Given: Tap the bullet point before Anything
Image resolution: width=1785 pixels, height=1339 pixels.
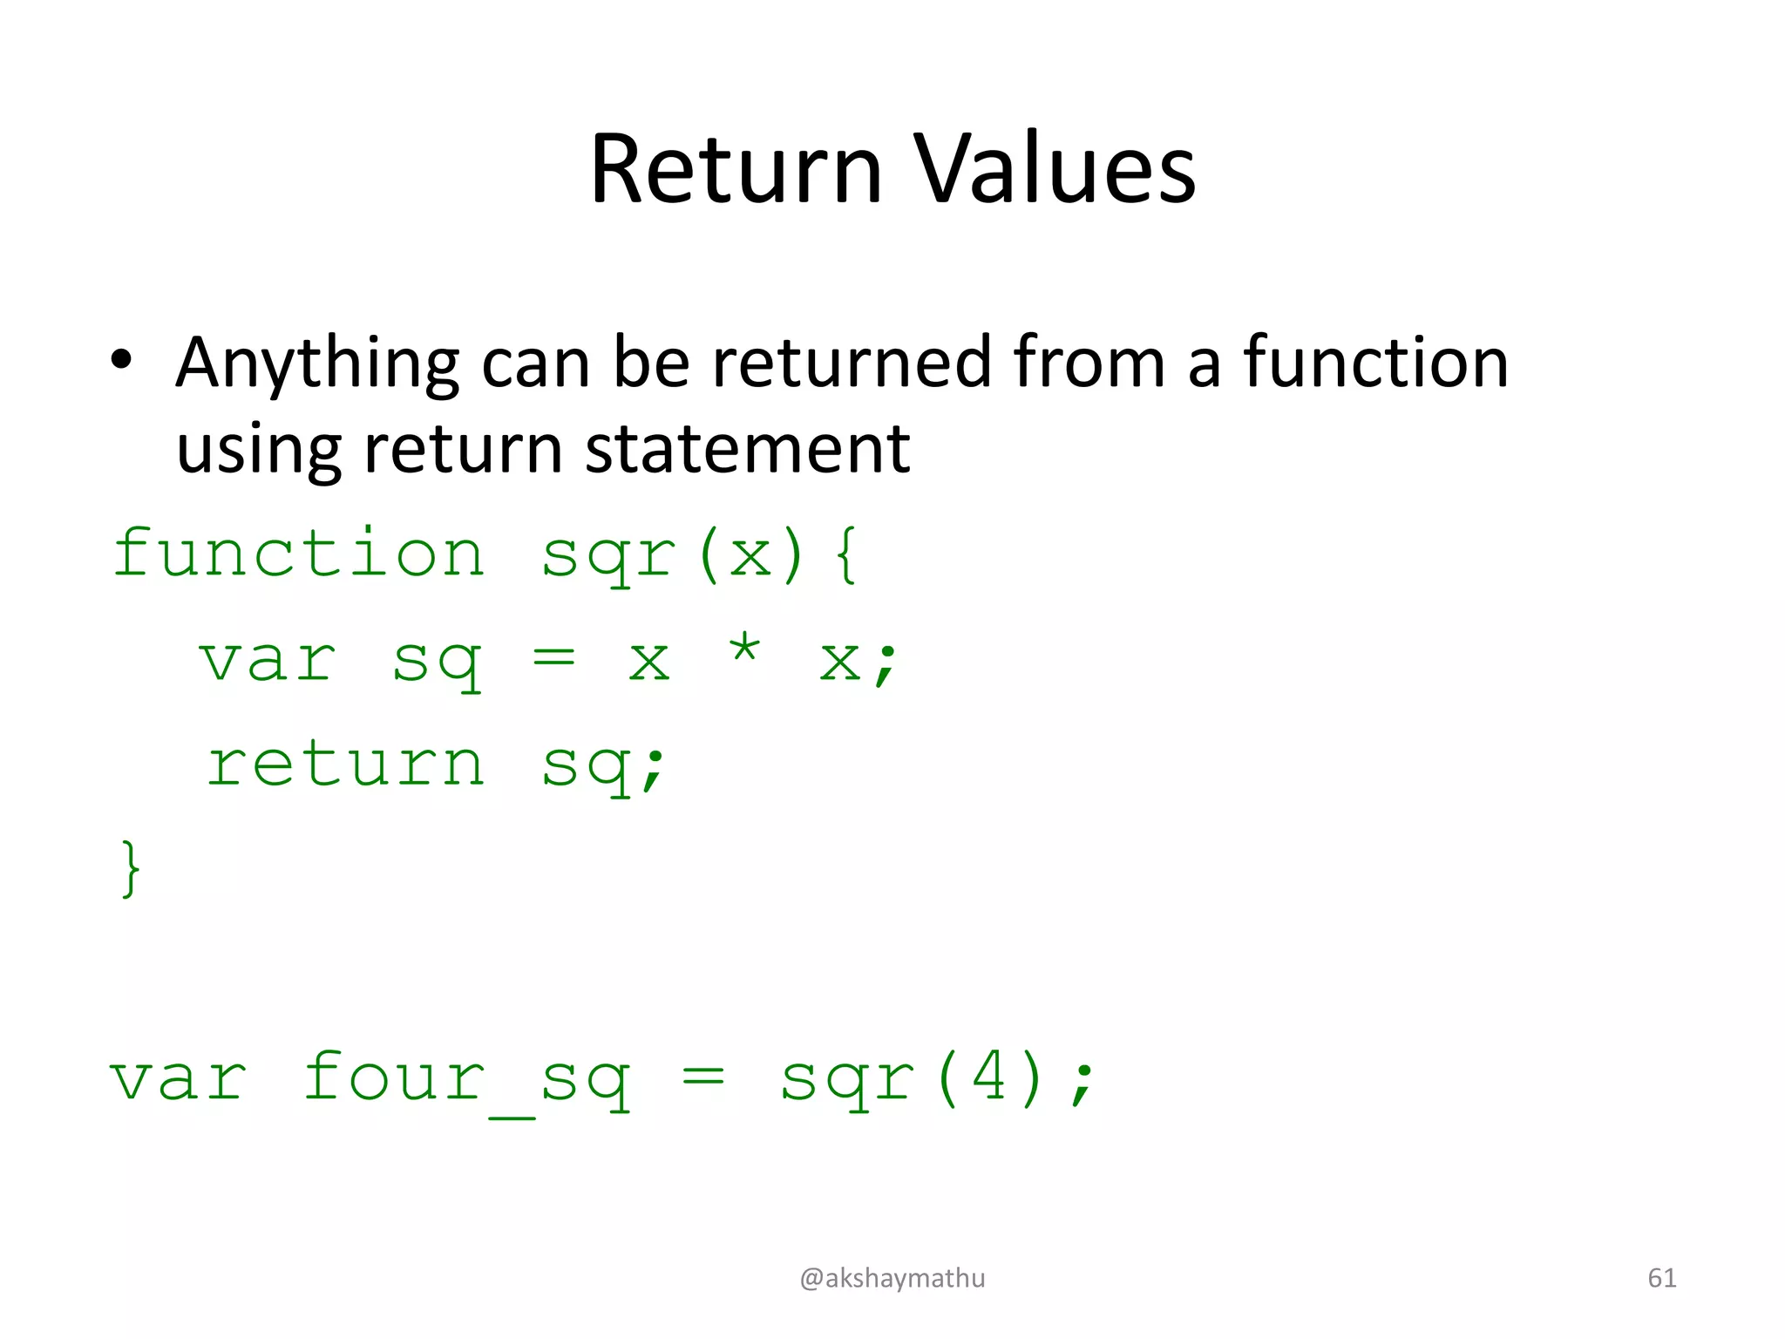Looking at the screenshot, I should pos(121,360).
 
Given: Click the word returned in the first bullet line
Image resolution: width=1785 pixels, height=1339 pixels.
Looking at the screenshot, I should pos(852,362).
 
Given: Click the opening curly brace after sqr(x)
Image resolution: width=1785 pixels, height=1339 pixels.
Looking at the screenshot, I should pos(845,554).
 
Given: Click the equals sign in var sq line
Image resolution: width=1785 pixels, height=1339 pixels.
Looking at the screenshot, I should pos(553,658).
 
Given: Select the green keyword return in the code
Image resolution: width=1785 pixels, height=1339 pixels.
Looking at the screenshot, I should pos(345,765).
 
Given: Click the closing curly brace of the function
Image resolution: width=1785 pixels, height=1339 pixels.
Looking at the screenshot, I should pos(130,868).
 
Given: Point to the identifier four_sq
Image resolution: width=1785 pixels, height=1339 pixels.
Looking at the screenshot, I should pos(467,1081).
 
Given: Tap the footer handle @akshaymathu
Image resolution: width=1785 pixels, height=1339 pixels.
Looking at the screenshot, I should pos(892,1278).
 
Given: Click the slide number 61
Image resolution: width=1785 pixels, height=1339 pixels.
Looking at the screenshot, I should pos(1661,1278).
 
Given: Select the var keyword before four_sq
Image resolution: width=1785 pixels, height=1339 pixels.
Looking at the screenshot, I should pos(179,1081).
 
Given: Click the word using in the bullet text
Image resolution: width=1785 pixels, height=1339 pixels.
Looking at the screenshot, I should pos(259,451).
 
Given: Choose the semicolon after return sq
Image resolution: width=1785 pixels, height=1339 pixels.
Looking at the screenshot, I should pos(653,769).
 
